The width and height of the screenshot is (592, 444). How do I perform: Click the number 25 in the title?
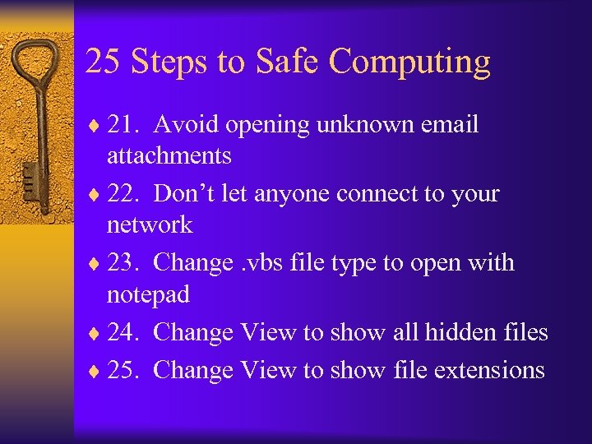103,62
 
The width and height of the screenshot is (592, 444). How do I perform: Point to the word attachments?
169,155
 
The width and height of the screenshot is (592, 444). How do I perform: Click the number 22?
126,193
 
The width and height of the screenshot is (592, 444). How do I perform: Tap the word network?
150,224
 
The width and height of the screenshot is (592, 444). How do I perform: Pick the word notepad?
148,294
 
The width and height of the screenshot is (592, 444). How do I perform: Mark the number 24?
126,331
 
